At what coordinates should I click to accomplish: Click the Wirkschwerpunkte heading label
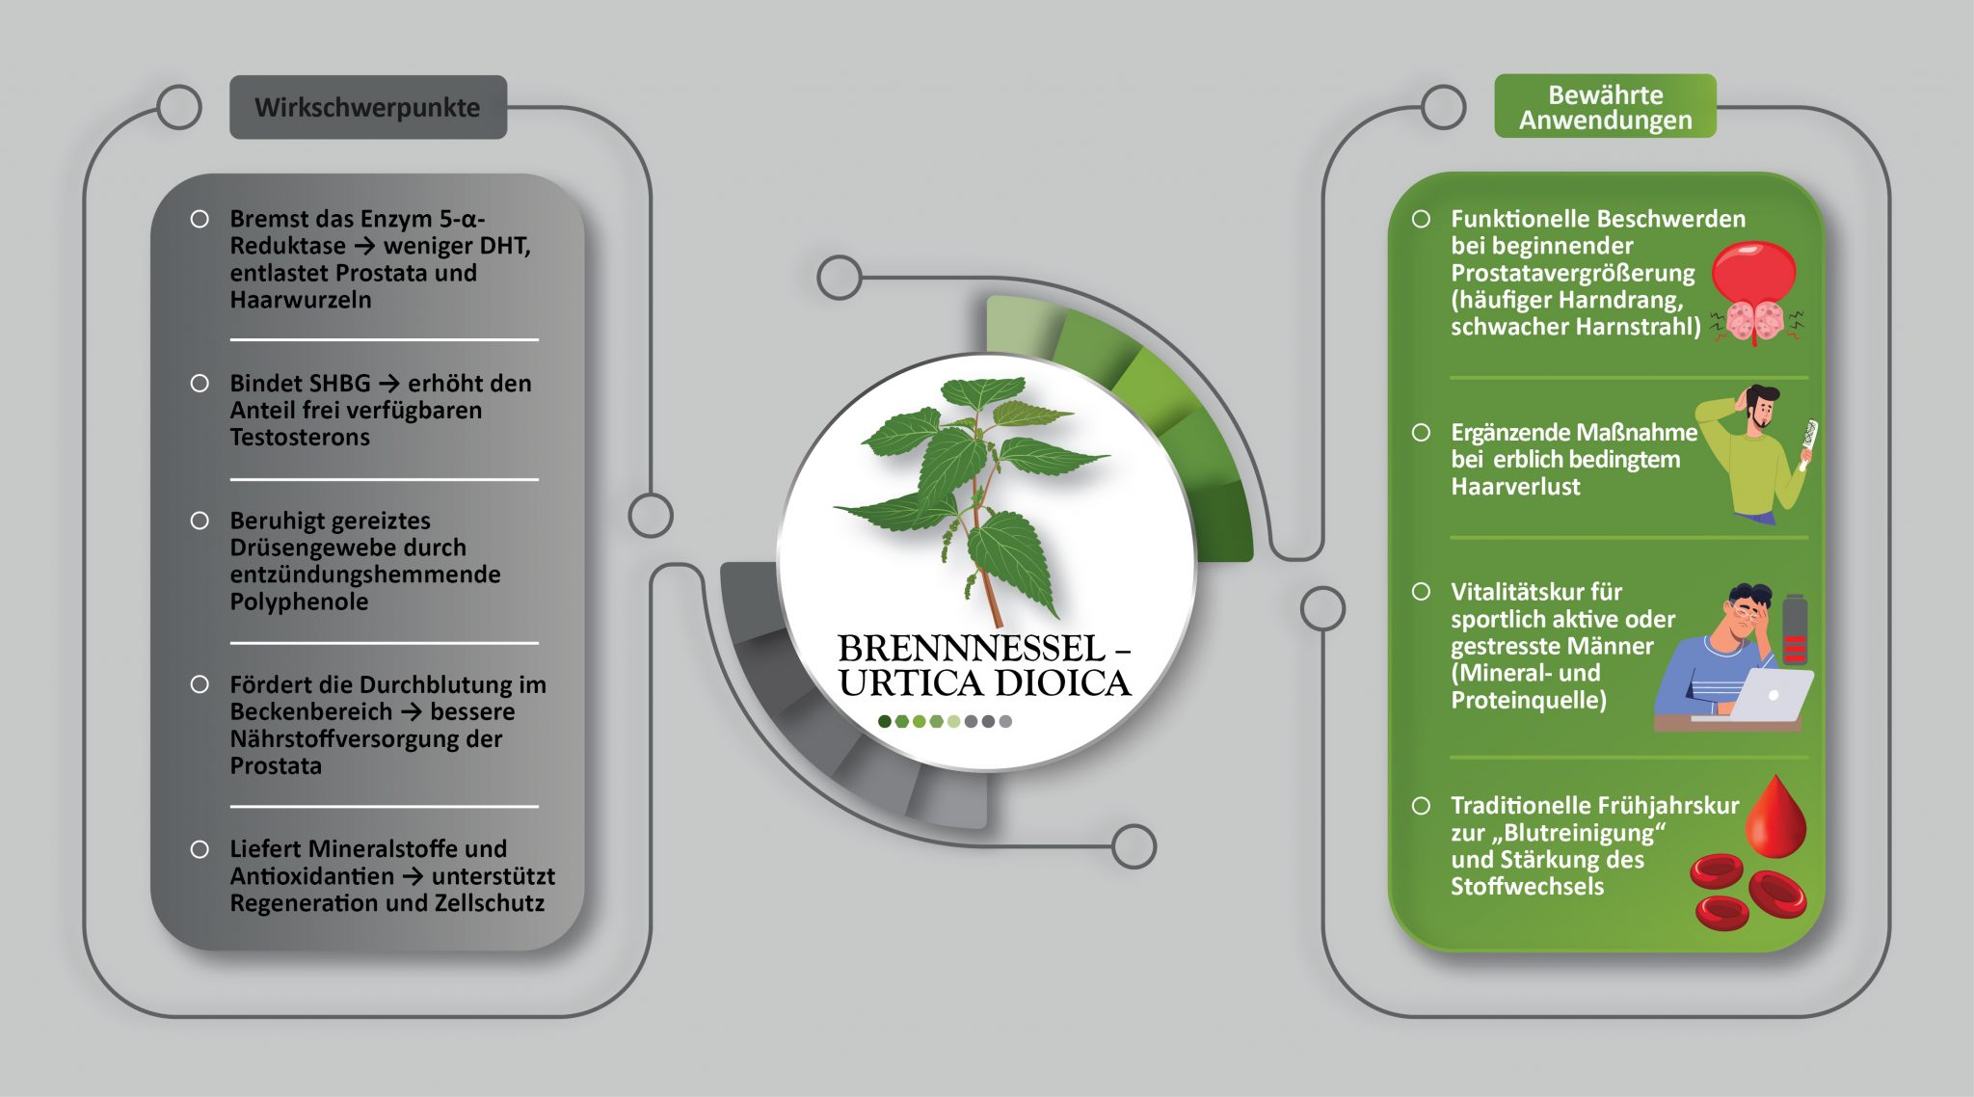click(367, 107)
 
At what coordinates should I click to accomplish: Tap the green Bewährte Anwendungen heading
click(1605, 107)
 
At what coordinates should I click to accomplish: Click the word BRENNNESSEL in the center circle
click(971, 649)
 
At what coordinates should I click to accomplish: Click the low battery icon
click(1794, 629)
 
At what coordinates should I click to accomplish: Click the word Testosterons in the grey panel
click(300, 438)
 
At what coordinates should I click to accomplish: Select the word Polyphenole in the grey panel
click(299, 602)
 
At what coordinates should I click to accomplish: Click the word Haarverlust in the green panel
click(1515, 487)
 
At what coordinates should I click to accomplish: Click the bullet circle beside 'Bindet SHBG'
click(200, 384)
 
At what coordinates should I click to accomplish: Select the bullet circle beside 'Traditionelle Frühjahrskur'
click(1421, 805)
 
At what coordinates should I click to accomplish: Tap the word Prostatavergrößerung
click(1572, 273)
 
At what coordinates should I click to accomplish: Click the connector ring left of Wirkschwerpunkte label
click(179, 107)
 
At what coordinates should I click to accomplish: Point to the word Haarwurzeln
click(300, 300)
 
